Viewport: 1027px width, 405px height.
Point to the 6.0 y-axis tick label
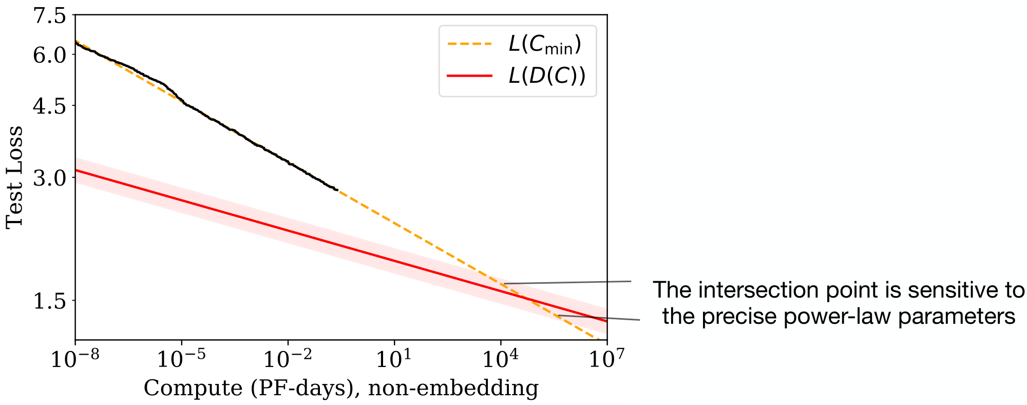[x=50, y=54]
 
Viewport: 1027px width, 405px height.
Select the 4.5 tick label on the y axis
[x=50, y=106]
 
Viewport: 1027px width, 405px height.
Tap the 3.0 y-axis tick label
[x=50, y=178]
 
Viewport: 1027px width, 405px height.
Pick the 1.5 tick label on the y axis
[x=50, y=301]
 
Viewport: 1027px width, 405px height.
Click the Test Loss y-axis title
[x=14, y=177]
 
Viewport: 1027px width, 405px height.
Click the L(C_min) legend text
[x=545, y=45]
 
